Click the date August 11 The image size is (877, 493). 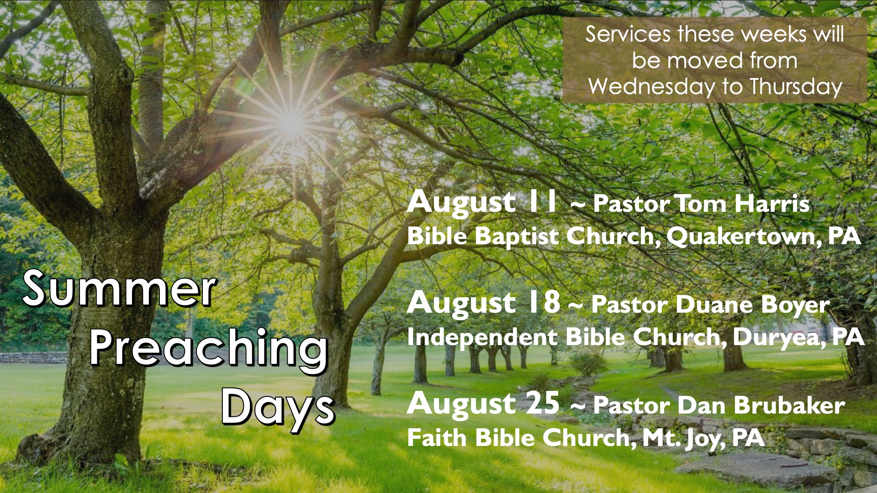(x=482, y=203)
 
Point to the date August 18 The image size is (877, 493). (x=483, y=304)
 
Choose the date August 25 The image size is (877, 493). (x=483, y=404)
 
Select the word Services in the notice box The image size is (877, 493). (x=628, y=34)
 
